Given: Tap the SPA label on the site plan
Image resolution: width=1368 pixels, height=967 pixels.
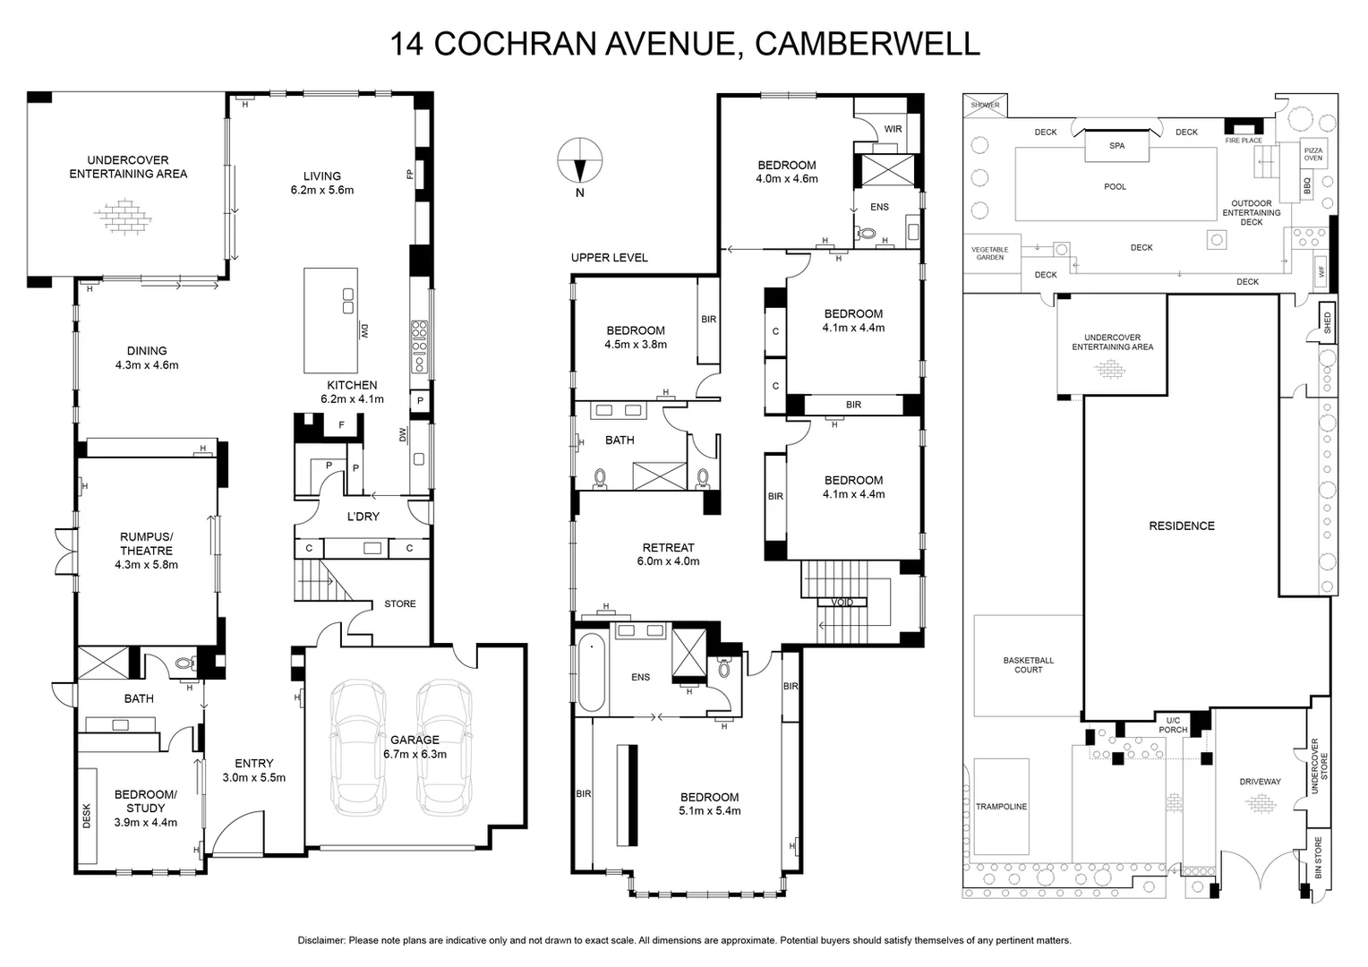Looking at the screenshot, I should pos(1116,145).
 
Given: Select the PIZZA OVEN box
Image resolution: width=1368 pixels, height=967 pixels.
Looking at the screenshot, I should pos(1312,153).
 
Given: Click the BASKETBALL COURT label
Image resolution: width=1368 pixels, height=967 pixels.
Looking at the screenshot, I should pos(1028,664).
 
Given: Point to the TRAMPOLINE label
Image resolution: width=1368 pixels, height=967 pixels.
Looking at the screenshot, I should pos(1001,807).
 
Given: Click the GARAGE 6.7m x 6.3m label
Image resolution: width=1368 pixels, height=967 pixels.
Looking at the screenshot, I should pos(415,747).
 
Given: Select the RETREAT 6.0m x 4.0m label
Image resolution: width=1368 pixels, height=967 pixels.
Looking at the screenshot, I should pos(668,554).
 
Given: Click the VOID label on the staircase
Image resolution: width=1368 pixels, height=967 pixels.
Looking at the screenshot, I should pos(842,603).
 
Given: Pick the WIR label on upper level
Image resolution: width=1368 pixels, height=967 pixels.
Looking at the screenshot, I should pos(893,129).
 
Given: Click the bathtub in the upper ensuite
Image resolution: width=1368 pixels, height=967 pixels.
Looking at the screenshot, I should pos(592,672).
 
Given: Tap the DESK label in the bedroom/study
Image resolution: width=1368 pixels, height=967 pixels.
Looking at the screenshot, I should pos(87,816).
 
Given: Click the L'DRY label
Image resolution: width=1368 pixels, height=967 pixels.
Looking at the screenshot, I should pos(363,517).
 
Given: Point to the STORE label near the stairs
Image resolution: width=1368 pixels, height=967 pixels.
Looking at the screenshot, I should pos(400,603).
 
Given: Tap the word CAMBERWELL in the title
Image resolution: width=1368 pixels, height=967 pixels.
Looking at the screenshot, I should pos(868,43).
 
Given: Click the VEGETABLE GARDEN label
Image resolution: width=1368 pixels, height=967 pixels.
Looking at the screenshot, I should pos(989,253).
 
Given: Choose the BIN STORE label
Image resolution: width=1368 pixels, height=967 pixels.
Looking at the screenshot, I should pos(1318,857).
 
